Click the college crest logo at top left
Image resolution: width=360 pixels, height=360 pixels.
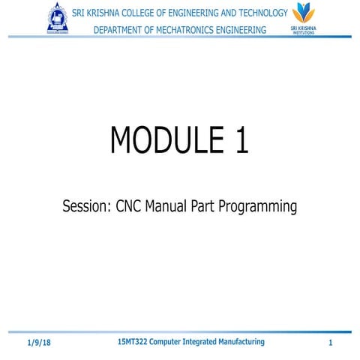tap(58, 19)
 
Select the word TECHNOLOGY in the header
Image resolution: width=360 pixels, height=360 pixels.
tap(252, 13)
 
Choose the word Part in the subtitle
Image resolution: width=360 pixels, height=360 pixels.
tap(215, 206)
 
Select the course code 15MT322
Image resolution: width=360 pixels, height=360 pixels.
tap(134, 341)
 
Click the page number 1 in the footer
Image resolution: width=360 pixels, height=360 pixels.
tap(330, 343)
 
